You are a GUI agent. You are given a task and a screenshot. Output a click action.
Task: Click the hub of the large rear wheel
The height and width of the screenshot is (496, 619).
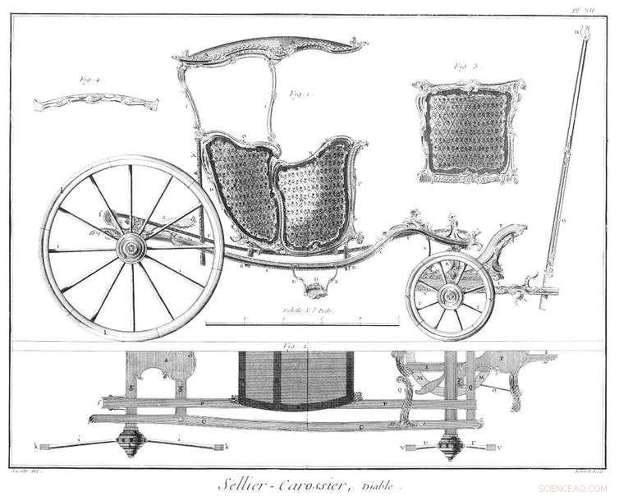pyautogui.click(x=130, y=249)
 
